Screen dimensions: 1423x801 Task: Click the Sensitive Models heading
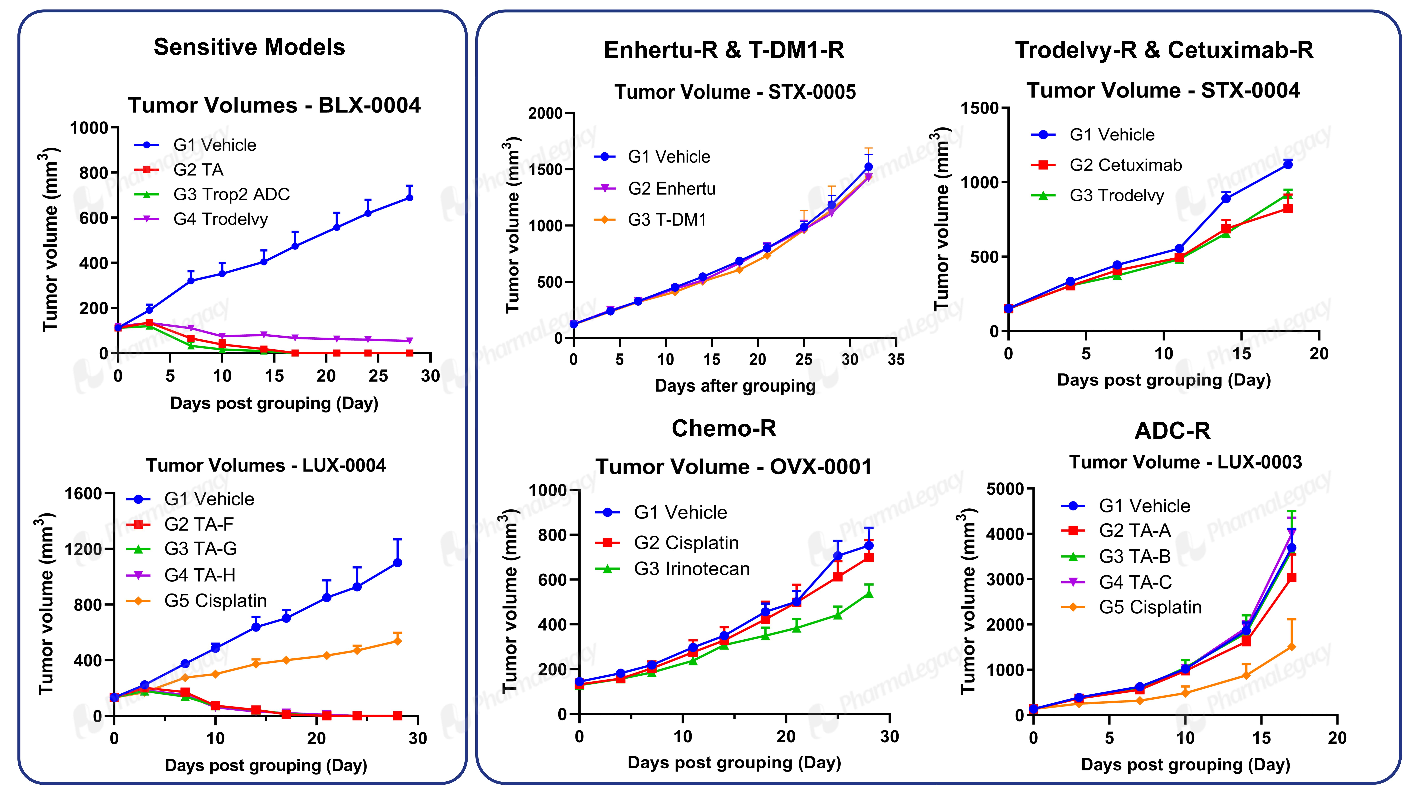[249, 48]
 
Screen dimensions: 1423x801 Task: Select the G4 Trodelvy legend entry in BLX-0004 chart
[202, 219]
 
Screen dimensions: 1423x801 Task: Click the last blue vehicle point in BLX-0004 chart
[409, 197]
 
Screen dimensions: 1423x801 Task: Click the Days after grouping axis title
[735, 386]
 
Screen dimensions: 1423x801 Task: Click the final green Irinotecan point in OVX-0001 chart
[869, 593]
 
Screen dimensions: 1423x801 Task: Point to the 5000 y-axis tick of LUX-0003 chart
[1005, 489]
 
